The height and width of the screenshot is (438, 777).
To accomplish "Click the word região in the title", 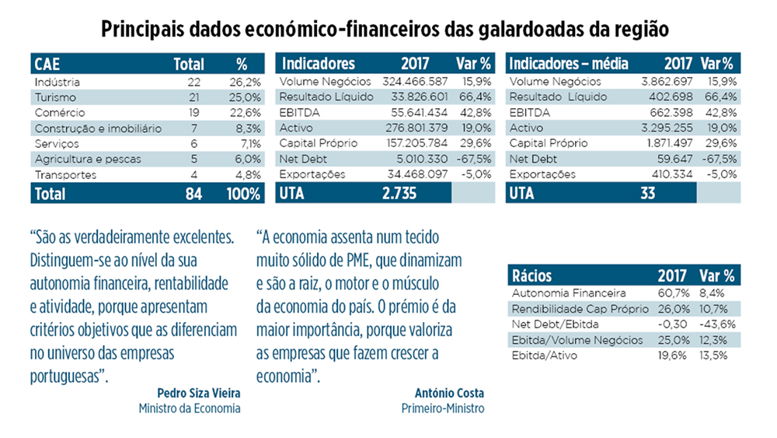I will click(x=640, y=29).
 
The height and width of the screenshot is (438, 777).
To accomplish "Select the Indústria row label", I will click(x=57, y=82).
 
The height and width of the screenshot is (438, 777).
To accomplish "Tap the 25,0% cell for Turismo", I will click(x=246, y=97).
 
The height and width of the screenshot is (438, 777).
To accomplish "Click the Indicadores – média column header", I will click(x=568, y=64).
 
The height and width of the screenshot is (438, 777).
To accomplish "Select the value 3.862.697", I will click(x=654, y=82).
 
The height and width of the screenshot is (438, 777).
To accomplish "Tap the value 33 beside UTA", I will click(x=648, y=194).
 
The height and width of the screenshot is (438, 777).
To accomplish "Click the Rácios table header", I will click(x=533, y=275).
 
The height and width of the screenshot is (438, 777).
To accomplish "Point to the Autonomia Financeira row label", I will click(x=569, y=293).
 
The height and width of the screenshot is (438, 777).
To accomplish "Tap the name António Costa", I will click(x=450, y=393).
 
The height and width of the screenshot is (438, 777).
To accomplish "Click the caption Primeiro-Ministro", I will click(x=443, y=408).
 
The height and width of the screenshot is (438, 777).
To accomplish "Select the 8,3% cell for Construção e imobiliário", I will click(x=248, y=128).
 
